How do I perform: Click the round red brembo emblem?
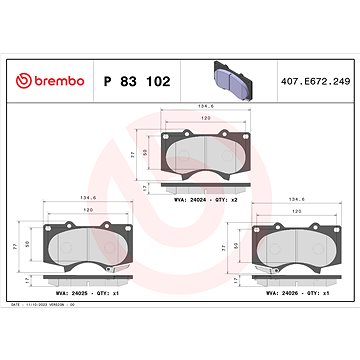click(x=21, y=79)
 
